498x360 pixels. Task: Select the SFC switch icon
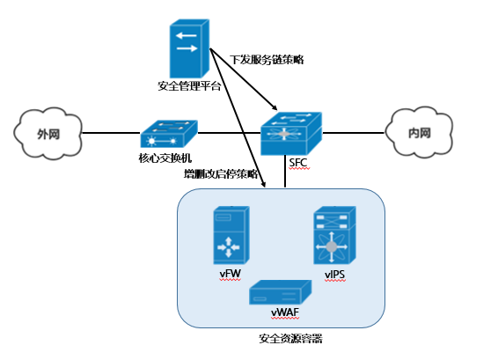click(291, 133)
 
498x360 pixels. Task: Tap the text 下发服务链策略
click(267, 59)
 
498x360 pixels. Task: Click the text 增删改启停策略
click(221, 174)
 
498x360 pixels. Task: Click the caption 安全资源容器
click(287, 337)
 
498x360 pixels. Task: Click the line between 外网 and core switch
click(106, 133)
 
